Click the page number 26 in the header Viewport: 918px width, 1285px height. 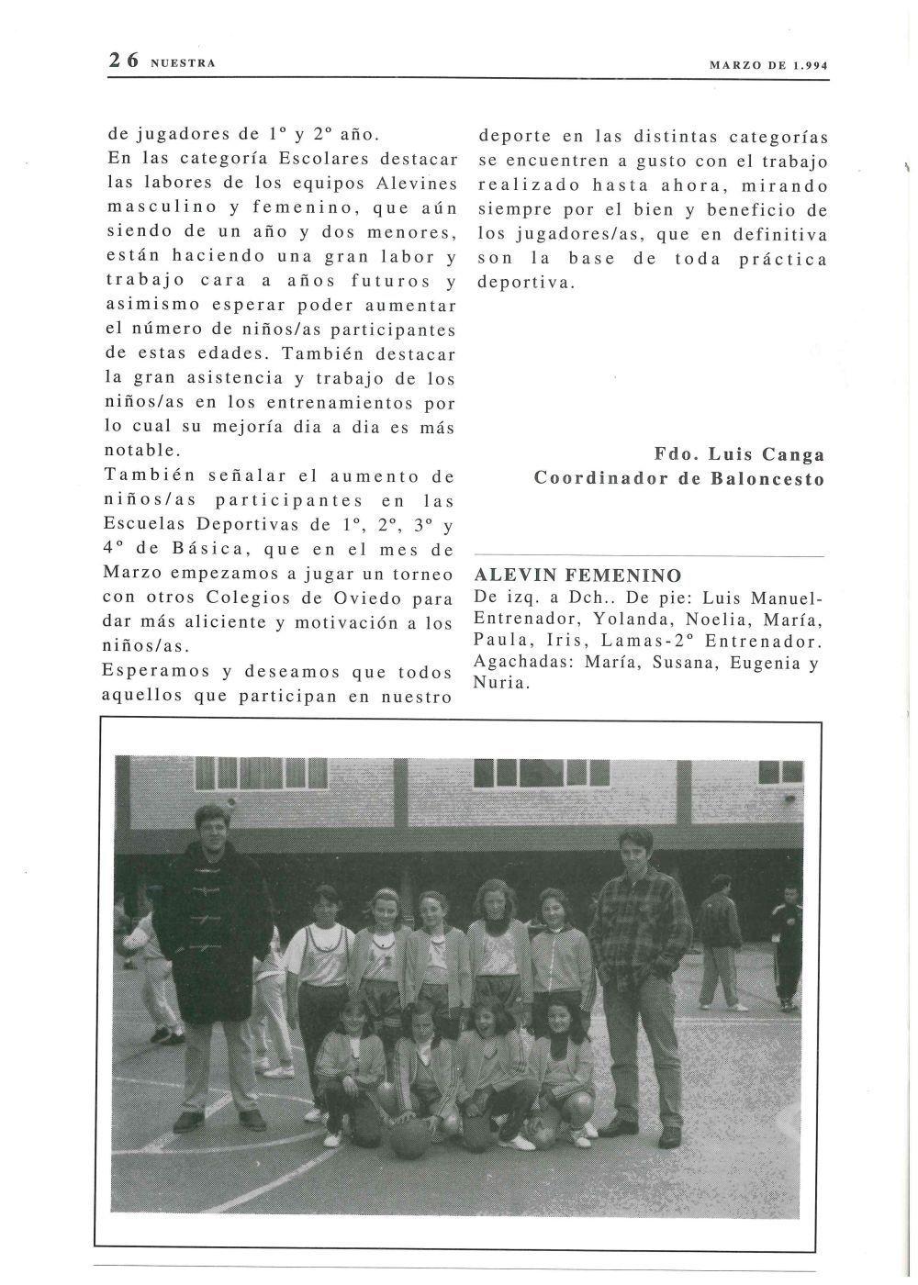click(x=123, y=61)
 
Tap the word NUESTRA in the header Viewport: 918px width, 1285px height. click(x=182, y=63)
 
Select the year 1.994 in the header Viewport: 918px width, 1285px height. click(x=805, y=65)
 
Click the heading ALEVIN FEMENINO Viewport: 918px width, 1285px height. click(x=577, y=576)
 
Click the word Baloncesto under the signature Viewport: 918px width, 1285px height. click(x=773, y=478)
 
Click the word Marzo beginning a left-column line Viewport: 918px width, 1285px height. click(x=136, y=575)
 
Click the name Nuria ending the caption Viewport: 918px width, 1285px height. click(x=499, y=684)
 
